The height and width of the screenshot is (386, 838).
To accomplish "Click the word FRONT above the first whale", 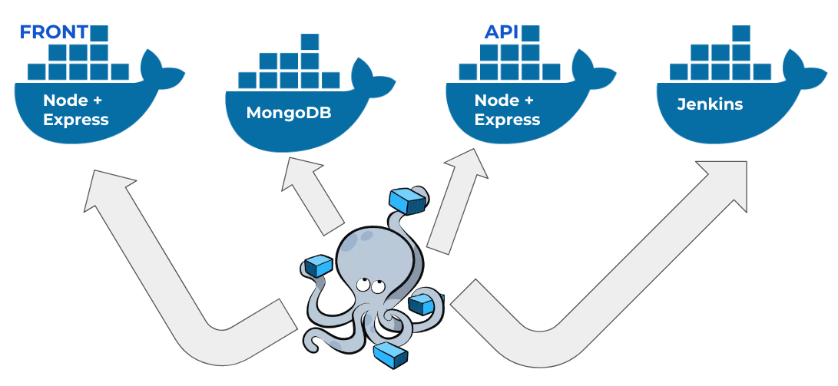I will tap(53, 32).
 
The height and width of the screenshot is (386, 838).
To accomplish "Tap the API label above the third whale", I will tap(501, 32).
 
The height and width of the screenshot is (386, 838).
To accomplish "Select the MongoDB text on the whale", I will tap(289, 114).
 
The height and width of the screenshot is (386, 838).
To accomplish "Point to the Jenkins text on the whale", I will tap(710, 104).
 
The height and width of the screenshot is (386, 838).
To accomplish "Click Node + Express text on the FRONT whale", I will tap(75, 110).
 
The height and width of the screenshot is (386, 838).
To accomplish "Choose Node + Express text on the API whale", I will tap(507, 110).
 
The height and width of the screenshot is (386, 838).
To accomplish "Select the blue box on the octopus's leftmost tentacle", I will tap(318, 266).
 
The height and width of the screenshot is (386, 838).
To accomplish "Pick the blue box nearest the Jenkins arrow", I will tap(422, 305).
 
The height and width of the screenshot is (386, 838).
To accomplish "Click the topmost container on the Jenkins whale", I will tap(740, 33).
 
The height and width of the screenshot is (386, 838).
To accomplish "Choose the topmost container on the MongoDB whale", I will tap(310, 41).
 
